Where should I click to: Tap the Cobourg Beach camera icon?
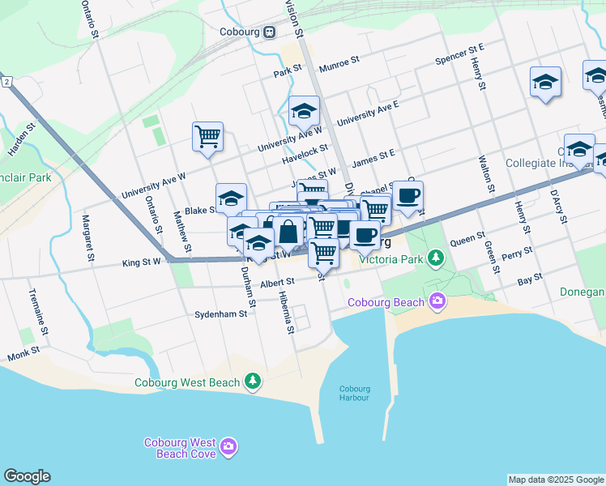coord(438,302)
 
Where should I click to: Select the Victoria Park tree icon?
coord(437,259)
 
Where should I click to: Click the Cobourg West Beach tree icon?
coord(254,381)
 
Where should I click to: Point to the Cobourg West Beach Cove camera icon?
coord(228,446)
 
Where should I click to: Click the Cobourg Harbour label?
coord(353,393)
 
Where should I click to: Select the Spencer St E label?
coord(459,55)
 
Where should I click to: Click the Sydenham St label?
coord(220,313)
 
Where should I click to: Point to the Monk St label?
coord(23,355)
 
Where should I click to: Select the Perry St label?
coord(516,254)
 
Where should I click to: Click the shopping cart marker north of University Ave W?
coord(208,135)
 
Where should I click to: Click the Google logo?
coord(27,475)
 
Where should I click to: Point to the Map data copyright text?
coord(556,480)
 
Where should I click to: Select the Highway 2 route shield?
coord(6,83)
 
